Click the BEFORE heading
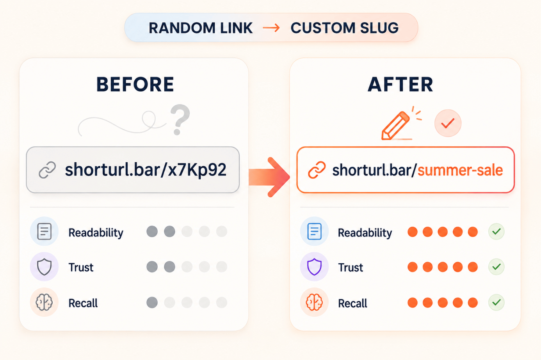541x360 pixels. [x=135, y=84]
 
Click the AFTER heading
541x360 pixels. [x=400, y=84]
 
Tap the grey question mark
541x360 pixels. [x=180, y=119]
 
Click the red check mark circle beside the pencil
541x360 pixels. [x=448, y=123]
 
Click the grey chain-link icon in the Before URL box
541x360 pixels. [x=47, y=170]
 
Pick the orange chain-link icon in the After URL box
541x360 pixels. [x=317, y=170]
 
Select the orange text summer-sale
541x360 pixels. [x=460, y=170]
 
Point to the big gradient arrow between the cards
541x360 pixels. [x=269, y=177]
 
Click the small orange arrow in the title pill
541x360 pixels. [x=271, y=28]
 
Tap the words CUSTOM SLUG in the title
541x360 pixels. [x=344, y=28]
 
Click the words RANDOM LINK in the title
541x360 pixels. [x=201, y=28]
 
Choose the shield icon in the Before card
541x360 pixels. [x=44, y=267]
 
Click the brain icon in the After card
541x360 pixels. [x=314, y=302]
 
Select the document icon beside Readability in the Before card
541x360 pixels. [x=44, y=231]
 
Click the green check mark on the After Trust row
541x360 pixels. [x=497, y=267]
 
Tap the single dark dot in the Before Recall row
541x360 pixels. [x=152, y=303]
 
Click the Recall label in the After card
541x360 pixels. [x=352, y=303]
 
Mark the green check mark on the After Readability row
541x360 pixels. [x=497, y=232]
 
